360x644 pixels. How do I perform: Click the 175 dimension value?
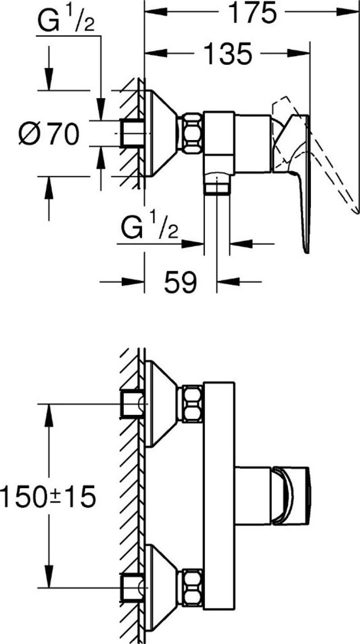point(253,13)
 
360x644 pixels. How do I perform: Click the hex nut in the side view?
point(192,133)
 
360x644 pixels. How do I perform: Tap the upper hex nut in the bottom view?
point(192,404)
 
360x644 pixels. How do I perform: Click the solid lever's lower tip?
point(307,251)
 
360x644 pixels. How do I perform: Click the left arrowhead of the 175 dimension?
point(156,12)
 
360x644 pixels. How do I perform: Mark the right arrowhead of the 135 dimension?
point(299,54)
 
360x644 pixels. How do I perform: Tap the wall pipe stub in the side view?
point(132,133)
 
